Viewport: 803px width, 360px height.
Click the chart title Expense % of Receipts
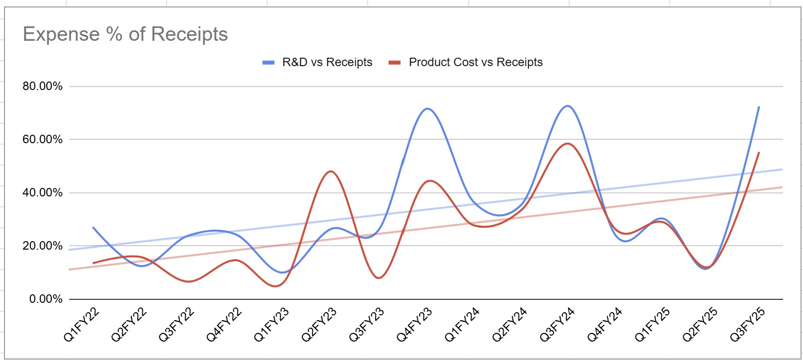click(125, 34)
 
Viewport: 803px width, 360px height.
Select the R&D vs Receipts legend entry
click(327, 62)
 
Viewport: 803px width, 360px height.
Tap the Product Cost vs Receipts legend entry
click(475, 62)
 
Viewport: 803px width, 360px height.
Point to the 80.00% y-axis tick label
click(42, 87)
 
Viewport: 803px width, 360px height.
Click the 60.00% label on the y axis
click(42, 140)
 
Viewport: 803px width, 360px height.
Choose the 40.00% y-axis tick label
click(42, 193)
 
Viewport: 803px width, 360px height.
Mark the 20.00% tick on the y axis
click(42, 246)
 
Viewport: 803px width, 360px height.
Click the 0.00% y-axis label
click(46, 299)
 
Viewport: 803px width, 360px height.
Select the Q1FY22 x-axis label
click(82, 325)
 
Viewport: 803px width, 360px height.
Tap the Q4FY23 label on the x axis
click(414, 325)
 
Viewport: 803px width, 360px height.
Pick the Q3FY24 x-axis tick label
click(557, 325)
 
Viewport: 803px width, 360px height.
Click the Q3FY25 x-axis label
click(747, 325)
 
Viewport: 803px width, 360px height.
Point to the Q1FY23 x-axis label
click(272, 325)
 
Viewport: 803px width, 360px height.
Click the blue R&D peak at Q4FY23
click(427, 108)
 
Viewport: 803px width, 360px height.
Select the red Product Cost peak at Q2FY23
click(331, 172)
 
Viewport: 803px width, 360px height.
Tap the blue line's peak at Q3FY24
click(568, 106)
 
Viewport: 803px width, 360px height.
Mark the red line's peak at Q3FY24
click(568, 144)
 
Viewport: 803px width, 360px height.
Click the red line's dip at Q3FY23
click(379, 278)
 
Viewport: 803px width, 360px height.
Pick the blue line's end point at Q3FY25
click(759, 107)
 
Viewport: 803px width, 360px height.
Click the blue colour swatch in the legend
click(269, 63)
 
